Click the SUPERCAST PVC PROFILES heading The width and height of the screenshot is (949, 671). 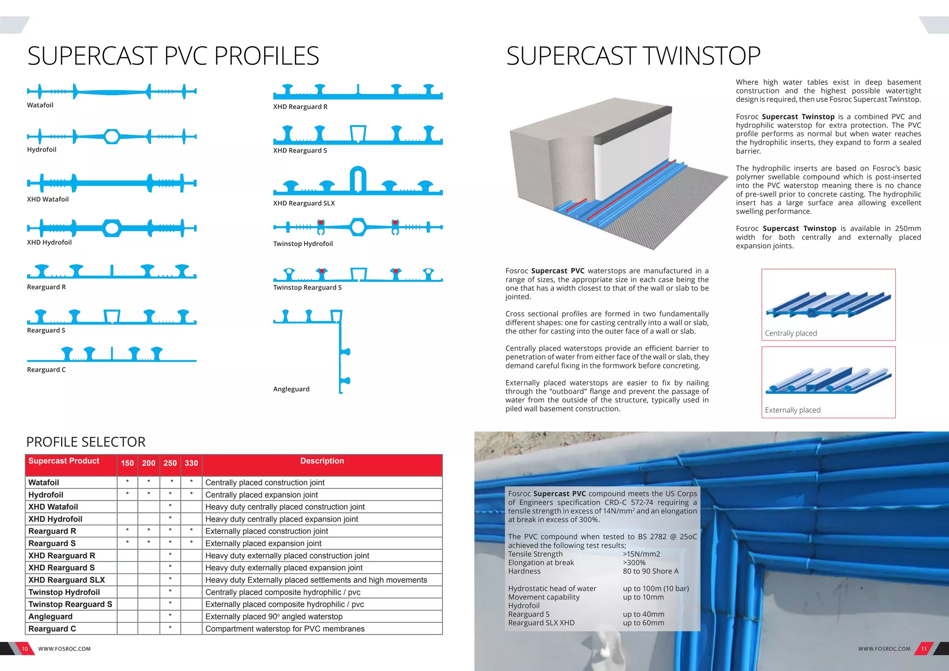[173, 56]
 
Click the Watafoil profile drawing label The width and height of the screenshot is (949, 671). [40, 105]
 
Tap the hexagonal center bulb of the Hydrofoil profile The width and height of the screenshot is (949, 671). [111, 136]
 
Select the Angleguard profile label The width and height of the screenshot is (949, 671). [291, 389]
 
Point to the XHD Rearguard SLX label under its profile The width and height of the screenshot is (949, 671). [304, 203]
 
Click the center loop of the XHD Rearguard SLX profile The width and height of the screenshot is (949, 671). [358, 179]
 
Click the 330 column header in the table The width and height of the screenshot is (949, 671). [191, 463]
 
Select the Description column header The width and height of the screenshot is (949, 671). [322, 461]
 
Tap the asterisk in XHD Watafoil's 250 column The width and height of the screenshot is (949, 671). [170, 506]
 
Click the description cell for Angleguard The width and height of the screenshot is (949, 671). [274, 617]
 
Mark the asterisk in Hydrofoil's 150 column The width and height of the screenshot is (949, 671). [127, 494]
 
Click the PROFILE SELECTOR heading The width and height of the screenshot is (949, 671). [86, 442]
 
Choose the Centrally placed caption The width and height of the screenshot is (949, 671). [791, 333]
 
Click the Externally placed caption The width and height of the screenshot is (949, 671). [792, 410]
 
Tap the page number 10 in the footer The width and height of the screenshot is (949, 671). [25, 649]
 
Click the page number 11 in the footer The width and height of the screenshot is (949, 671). [924, 649]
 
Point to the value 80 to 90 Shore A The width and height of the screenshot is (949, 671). [650, 571]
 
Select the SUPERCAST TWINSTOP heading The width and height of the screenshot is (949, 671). [633, 56]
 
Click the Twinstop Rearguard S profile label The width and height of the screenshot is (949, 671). [307, 288]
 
